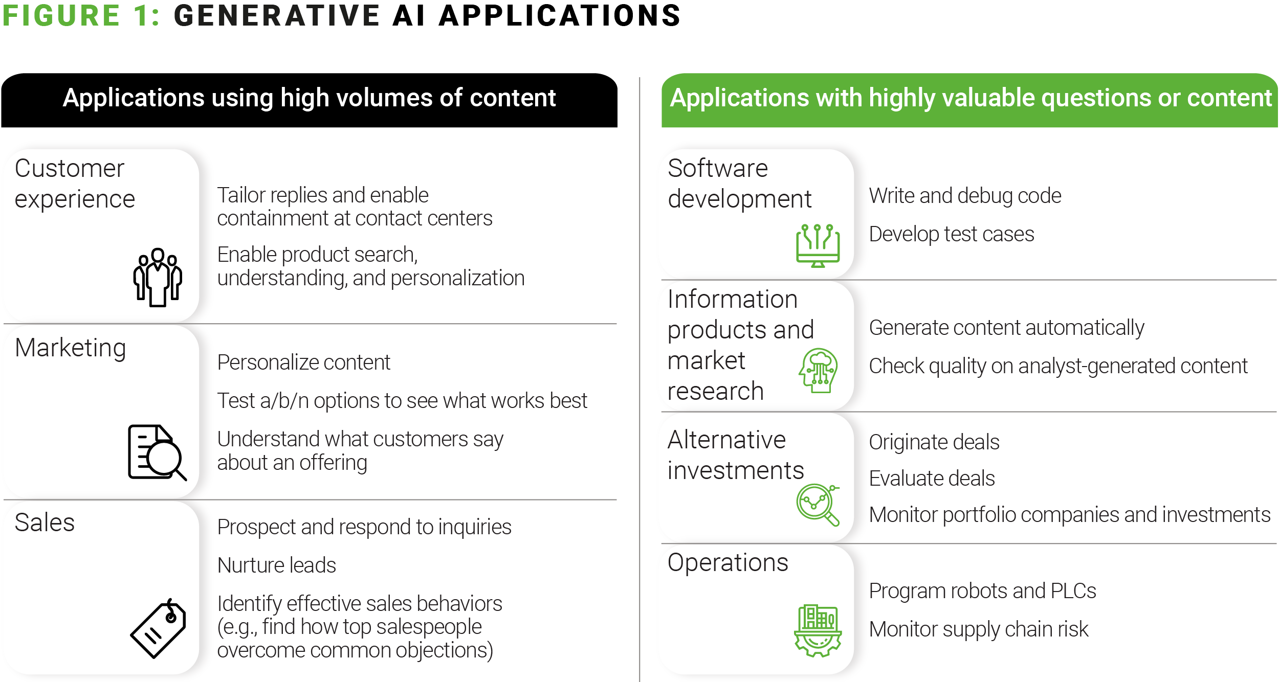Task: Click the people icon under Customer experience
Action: [x=158, y=278]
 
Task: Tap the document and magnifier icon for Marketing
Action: [x=157, y=452]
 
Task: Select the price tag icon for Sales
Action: [x=158, y=628]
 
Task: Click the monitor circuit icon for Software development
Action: [x=818, y=245]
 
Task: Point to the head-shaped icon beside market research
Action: [x=818, y=370]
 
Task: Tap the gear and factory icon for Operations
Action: [x=818, y=630]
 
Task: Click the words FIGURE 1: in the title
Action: [x=81, y=15]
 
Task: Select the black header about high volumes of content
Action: [x=309, y=100]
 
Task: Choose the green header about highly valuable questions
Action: [x=969, y=100]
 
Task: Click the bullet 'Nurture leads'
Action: [x=277, y=565]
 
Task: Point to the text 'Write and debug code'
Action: [x=965, y=196]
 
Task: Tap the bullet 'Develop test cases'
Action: [x=952, y=234]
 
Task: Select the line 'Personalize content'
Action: [x=304, y=362]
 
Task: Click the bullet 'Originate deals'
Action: [x=934, y=442]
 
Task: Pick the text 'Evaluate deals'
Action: [x=932, y=479]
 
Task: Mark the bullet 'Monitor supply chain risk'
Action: [x=979, y=629]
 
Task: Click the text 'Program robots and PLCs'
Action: [x=983, y=591]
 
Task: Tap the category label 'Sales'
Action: [x=45, y=522]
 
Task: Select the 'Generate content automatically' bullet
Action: [x=1007, y=328]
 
